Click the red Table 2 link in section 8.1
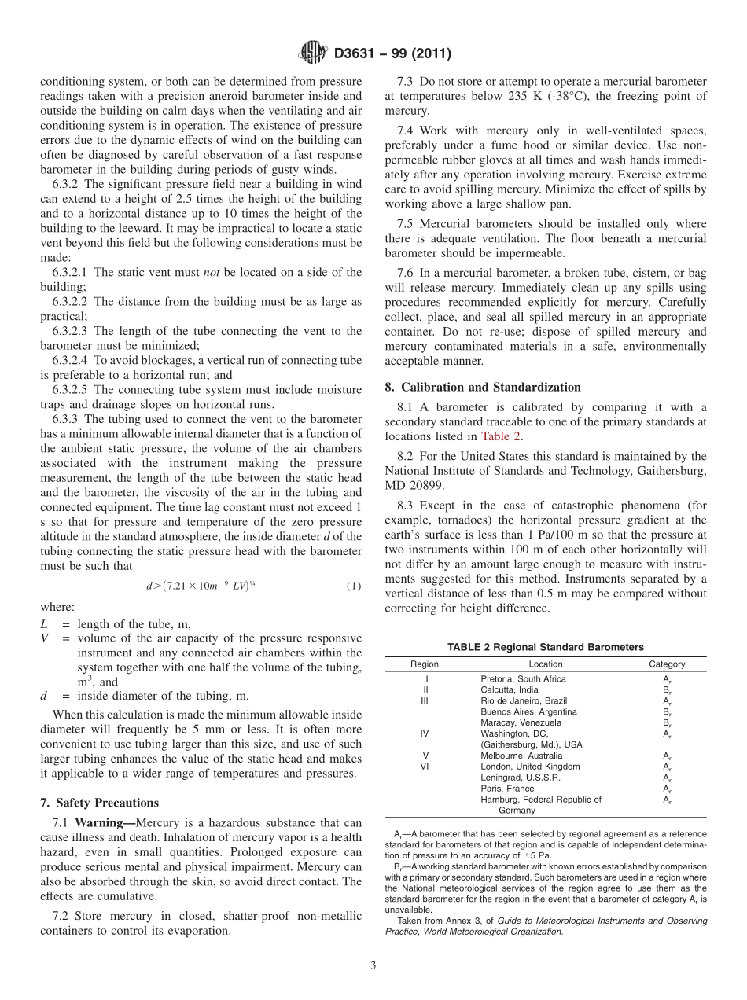tap(500, 436)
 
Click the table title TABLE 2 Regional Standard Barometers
tap(545, 647)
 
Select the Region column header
tap(425, 664)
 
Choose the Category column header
tap(666, 664)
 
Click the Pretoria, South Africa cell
tap(523, 678)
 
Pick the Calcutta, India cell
tap(510, 689)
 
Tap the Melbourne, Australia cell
tap(522, 756)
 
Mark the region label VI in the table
tap(425, 767)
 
